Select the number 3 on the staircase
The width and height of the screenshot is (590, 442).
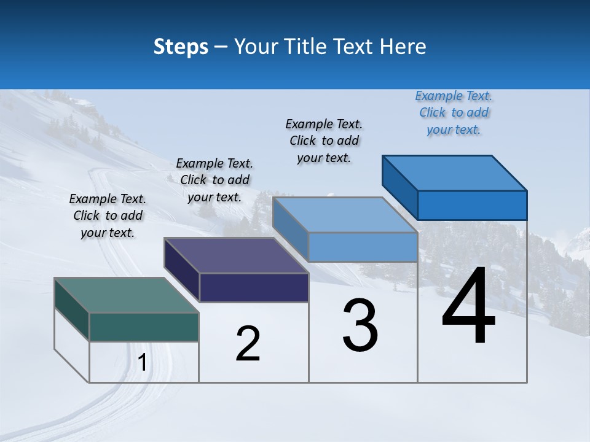point(360,325)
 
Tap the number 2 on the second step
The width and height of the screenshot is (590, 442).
point(248,344)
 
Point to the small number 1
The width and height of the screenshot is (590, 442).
point(142,363)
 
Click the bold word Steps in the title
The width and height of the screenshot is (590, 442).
point(181,47)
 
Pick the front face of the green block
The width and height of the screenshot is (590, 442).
point(144,327)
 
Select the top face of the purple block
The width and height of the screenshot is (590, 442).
point(236,255)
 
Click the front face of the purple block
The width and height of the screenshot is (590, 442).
point(254,287)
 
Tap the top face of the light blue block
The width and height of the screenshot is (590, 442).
point(345,215)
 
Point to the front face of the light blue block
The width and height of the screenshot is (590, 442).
point(363,247)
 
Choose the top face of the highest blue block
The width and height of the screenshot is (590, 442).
point(455,173)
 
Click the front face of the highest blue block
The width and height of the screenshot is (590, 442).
point(472,205)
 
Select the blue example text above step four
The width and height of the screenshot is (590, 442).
point(454,112)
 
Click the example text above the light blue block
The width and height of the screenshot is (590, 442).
point(324,141)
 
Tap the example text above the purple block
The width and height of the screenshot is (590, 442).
point(214,180)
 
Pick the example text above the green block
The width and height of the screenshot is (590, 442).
point(108,215)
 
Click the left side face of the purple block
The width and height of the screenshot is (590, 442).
point(182,269)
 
